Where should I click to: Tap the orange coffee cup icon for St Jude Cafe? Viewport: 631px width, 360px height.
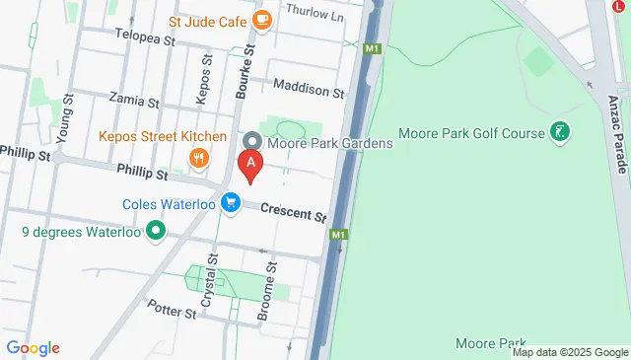[x=261, y=19]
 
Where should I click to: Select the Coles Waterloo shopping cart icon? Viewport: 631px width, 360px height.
[x=231, y=202]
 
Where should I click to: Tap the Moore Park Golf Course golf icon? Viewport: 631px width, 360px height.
[x=560, y=131]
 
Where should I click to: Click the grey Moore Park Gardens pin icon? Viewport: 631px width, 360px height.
[x=251, y=143]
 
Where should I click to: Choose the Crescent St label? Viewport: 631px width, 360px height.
[x=293, y=213]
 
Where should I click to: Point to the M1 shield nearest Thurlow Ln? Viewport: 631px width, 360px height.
[x=372, y=48]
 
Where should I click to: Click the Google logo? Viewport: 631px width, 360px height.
[x=34, y=347]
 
